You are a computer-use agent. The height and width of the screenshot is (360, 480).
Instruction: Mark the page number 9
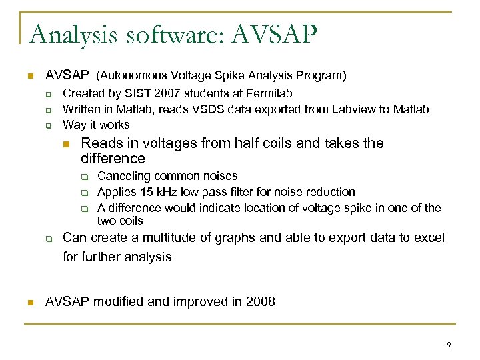pos(449,345)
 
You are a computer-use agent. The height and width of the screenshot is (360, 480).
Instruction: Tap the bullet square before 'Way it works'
pos(49,125)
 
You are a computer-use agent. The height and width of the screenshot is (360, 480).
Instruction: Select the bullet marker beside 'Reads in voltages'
pos(65,144)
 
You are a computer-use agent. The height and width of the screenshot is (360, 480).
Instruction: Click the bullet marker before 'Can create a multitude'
pos(49,239)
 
